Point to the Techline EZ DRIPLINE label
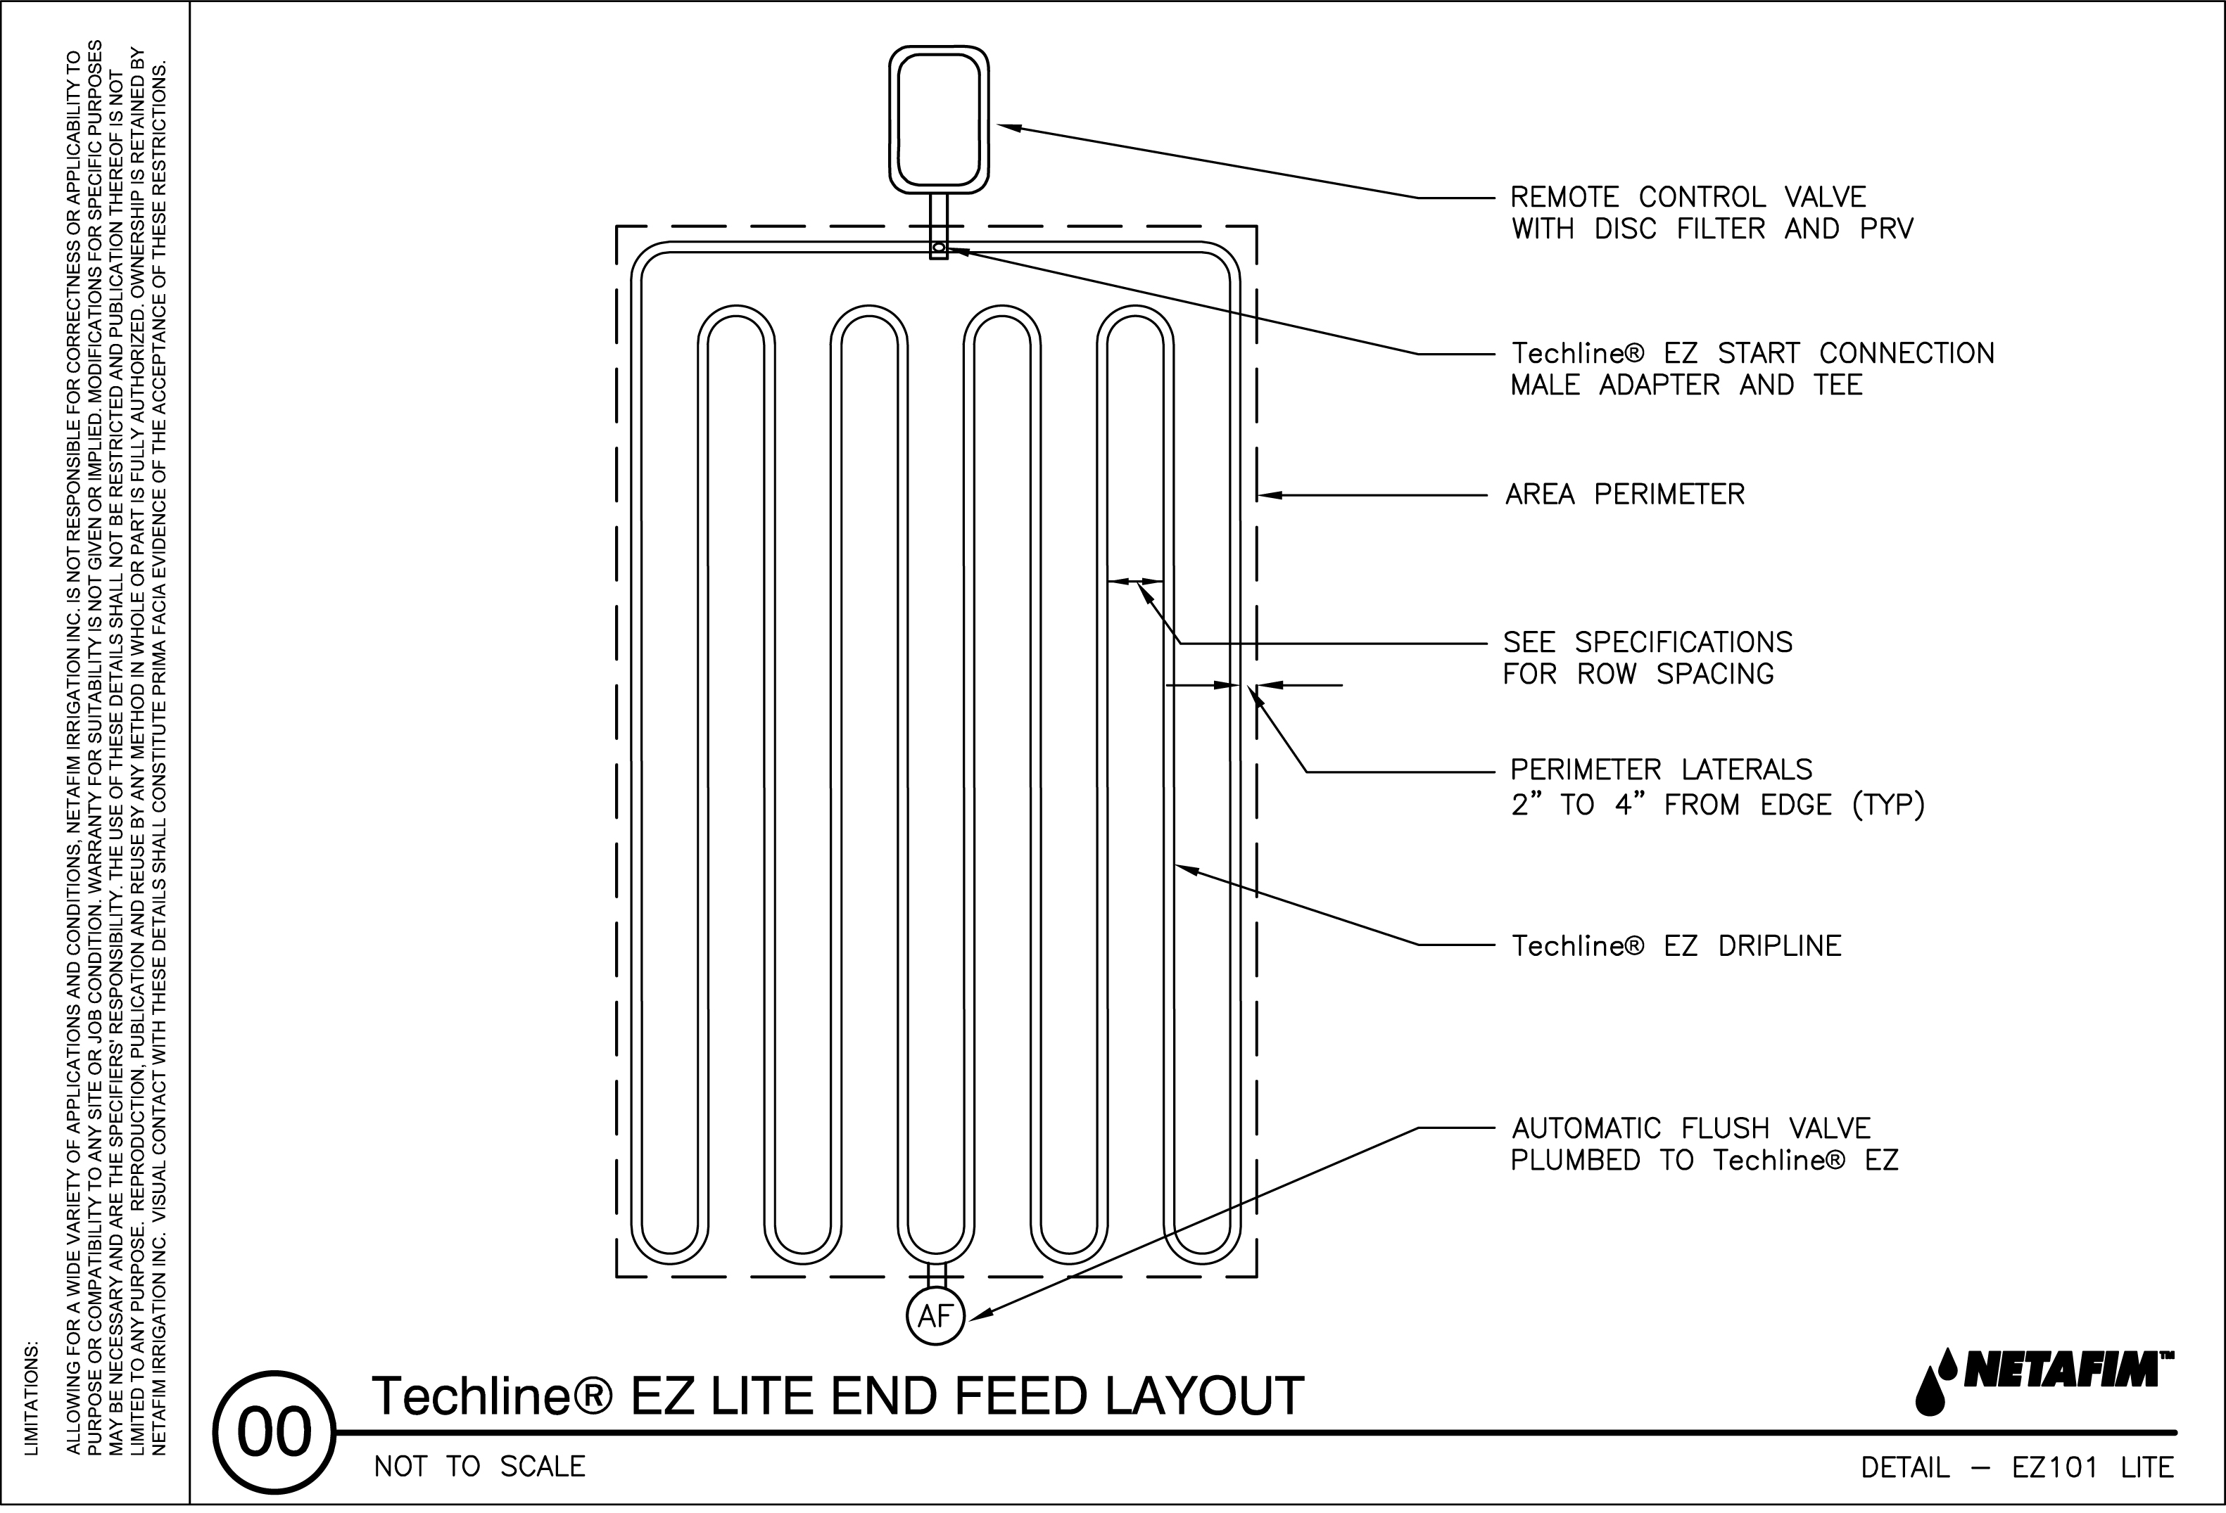click(1676, 946)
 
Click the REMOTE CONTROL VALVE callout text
click(1688, 197)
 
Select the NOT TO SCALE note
click(479, 1467)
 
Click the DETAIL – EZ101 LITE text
click(2017, 1468)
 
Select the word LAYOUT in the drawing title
click(1204, 1396)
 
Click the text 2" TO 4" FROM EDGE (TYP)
click(1717, 805)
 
